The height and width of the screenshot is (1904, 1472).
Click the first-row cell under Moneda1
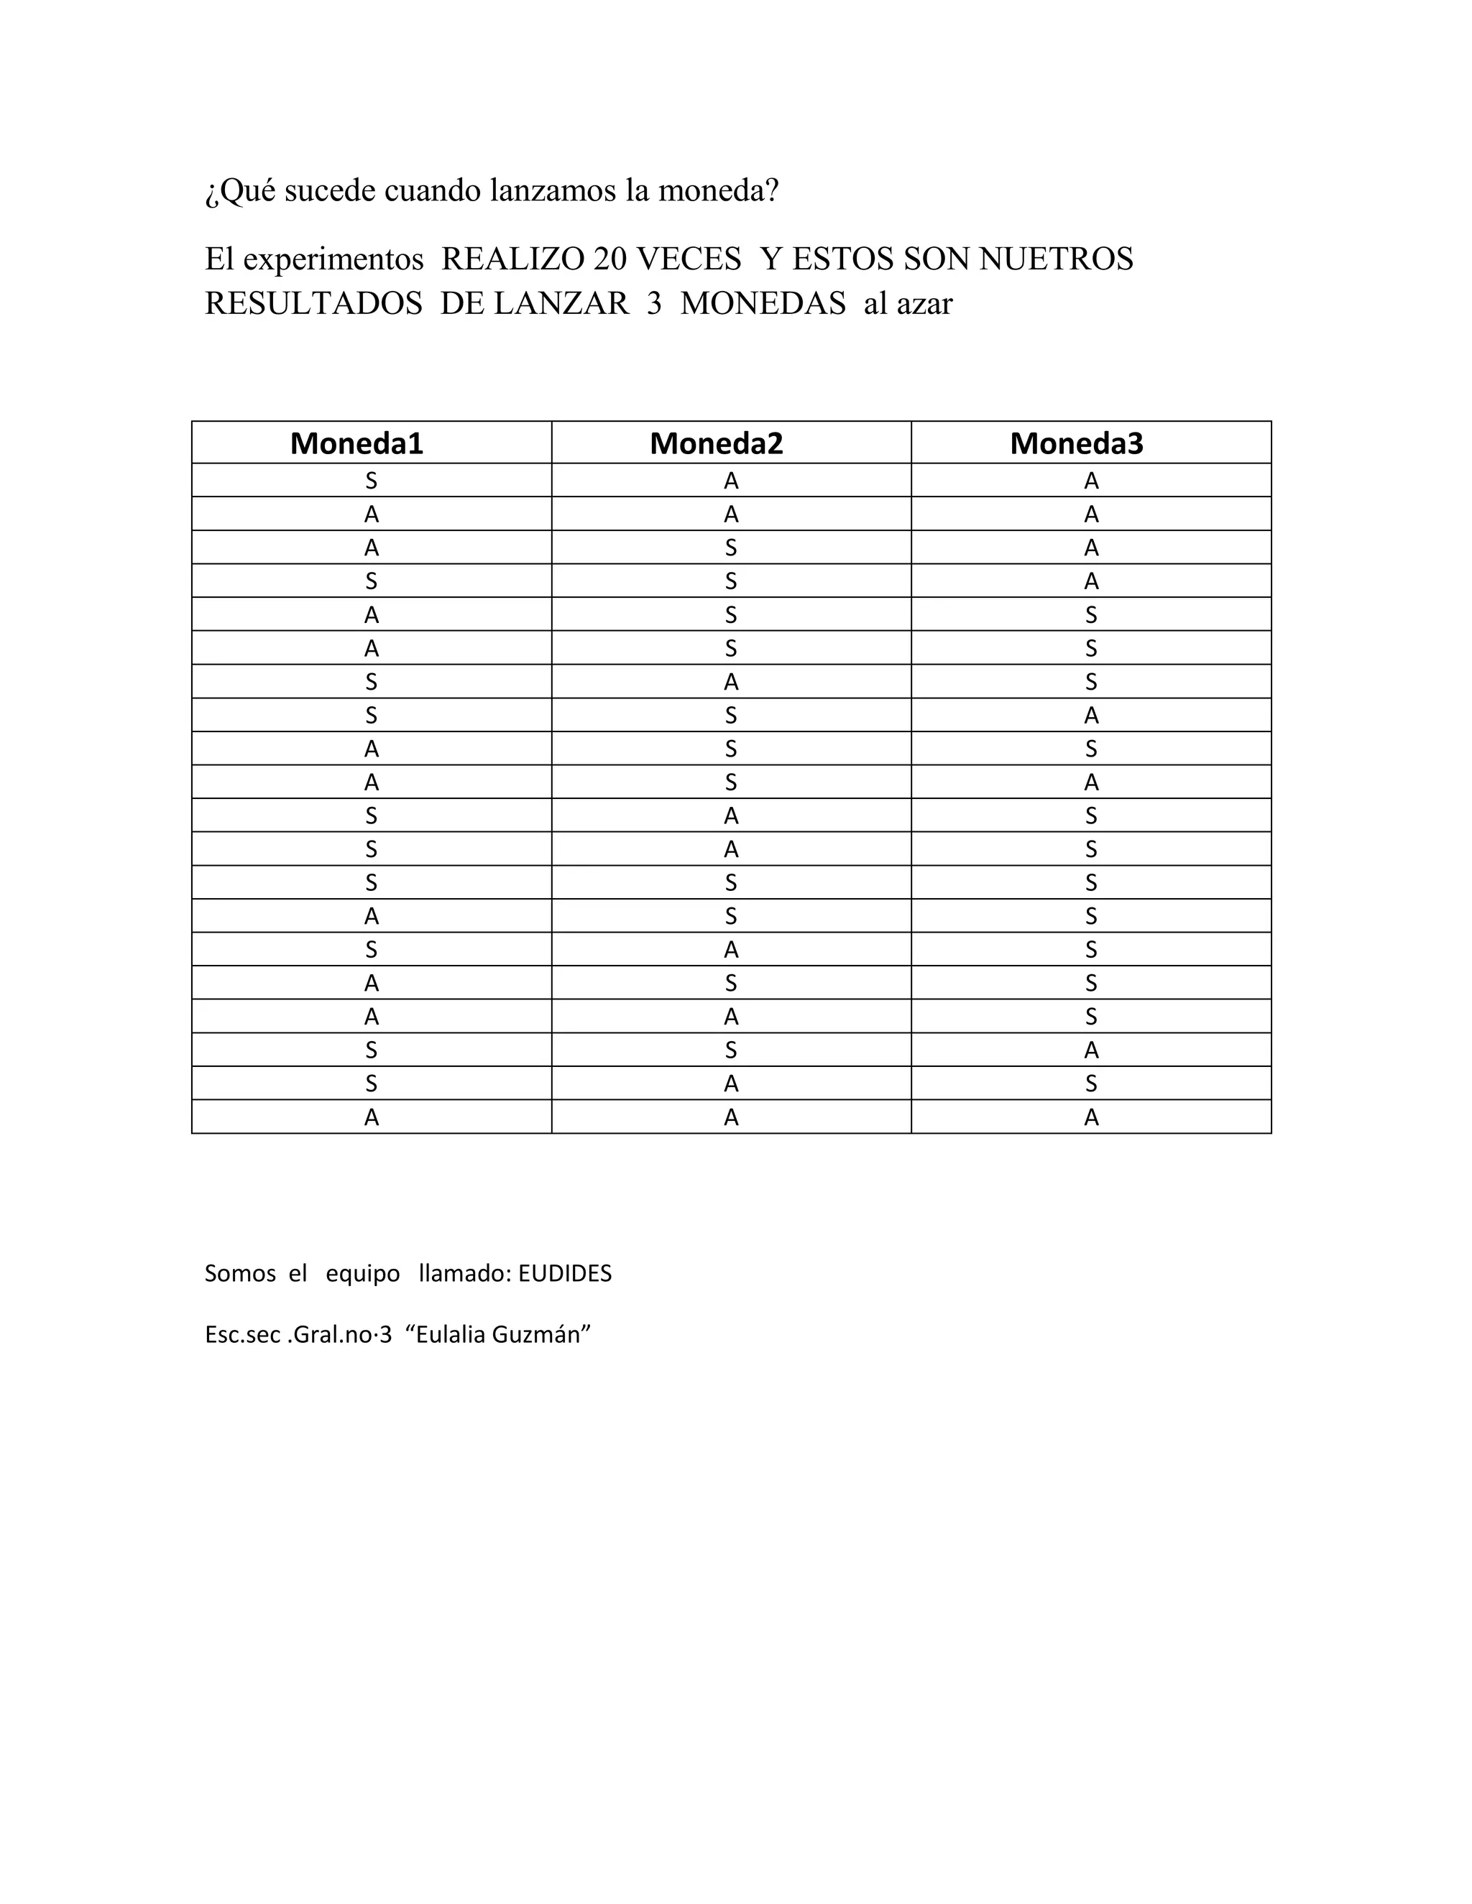pyautogui.click(x=372, y=481)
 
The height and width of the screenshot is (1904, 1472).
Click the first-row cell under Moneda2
pyautogui.click(x=731, y=481)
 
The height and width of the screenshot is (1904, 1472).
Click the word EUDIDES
pyautogui.click(x=565, y=1274)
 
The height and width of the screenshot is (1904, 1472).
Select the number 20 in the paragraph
pyautogui.click(x=610, y=259)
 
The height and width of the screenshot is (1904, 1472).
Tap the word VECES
pyautogui.click(x=689, y=259)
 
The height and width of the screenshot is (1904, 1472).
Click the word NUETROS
pyautogui.click(x=1057, y=259)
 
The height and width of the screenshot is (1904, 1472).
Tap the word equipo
pyautogui.click(x=363, y=1275)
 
